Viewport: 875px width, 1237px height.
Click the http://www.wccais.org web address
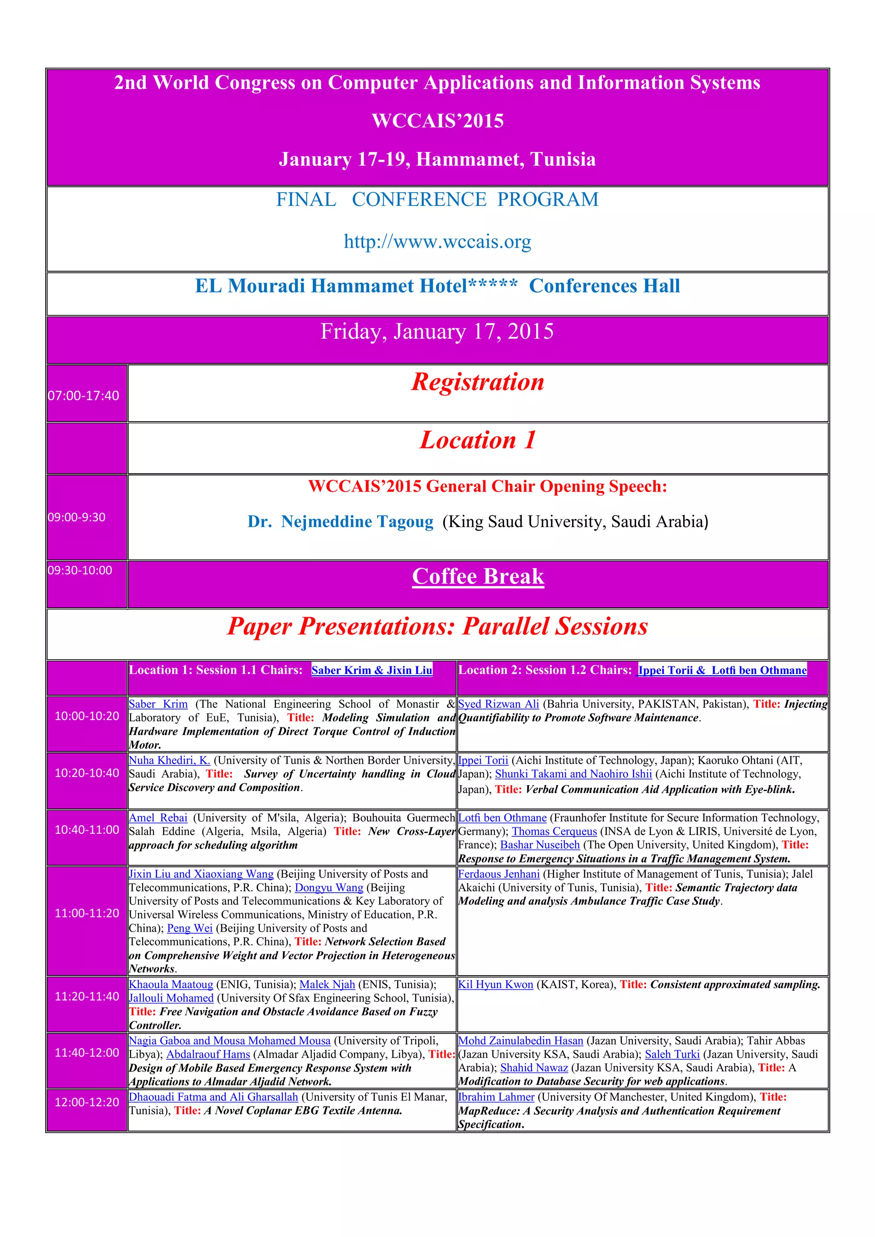[437, 241]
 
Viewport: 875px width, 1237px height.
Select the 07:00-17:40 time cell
[83, 396]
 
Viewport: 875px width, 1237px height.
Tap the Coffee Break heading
[478, 577]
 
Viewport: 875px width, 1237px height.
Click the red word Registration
[478, 382]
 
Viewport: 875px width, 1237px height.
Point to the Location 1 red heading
[478, 440]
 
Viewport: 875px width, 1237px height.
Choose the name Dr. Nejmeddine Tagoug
[340, 522]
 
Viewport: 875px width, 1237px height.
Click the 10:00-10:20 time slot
[87, 716]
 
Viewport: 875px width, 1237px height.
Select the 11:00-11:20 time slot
[87, 913]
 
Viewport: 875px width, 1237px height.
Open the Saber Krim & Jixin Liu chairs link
[372, 670]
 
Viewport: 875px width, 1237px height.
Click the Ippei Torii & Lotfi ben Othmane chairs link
[722, 670]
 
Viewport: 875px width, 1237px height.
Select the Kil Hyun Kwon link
[496, 984]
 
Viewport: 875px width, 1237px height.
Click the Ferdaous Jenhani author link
[499, 874]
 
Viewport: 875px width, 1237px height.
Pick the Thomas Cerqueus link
[555, 831]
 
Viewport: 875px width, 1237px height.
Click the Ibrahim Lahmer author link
[496, 1096]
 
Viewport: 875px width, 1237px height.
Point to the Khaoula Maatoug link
[171, 984]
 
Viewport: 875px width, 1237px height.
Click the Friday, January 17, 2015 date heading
[437, 331]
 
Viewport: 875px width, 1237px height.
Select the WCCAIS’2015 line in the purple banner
[437, 121]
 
